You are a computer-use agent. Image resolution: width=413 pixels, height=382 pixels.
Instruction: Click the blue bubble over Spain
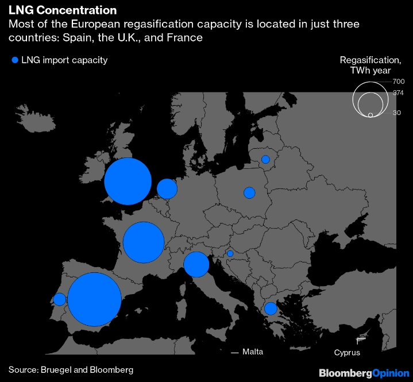tap(94, 299)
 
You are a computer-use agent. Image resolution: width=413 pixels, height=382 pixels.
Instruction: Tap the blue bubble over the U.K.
tap(128, 182)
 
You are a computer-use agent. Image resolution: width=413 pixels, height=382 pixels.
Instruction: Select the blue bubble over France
tap(144, 242)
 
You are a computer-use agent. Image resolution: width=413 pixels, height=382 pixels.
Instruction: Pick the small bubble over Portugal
tap(59, 299)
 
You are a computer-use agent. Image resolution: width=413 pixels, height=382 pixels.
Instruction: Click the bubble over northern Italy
tap(196, 264)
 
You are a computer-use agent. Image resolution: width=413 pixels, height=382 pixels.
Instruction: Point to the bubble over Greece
tap(271, 308)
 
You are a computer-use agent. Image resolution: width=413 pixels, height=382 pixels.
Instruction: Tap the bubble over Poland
tap(249, 192)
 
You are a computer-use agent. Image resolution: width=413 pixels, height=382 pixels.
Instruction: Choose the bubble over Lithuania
tap(265, 159)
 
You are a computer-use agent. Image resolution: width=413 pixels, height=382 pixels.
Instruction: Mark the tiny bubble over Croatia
tap(230, 253)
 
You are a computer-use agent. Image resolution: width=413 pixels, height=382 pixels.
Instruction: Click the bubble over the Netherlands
tap(167, 188)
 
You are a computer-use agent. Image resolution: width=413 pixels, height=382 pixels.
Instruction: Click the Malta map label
tap(253, 352)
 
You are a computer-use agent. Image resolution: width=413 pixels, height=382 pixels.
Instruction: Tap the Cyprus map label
tap(348, 353)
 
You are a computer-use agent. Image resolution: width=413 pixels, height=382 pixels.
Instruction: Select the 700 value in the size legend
tap(399, 82)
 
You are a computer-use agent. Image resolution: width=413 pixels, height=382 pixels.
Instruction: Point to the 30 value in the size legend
tap(397, 113)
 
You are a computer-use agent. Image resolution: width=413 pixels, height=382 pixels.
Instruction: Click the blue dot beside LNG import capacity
tap(15, 60)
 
